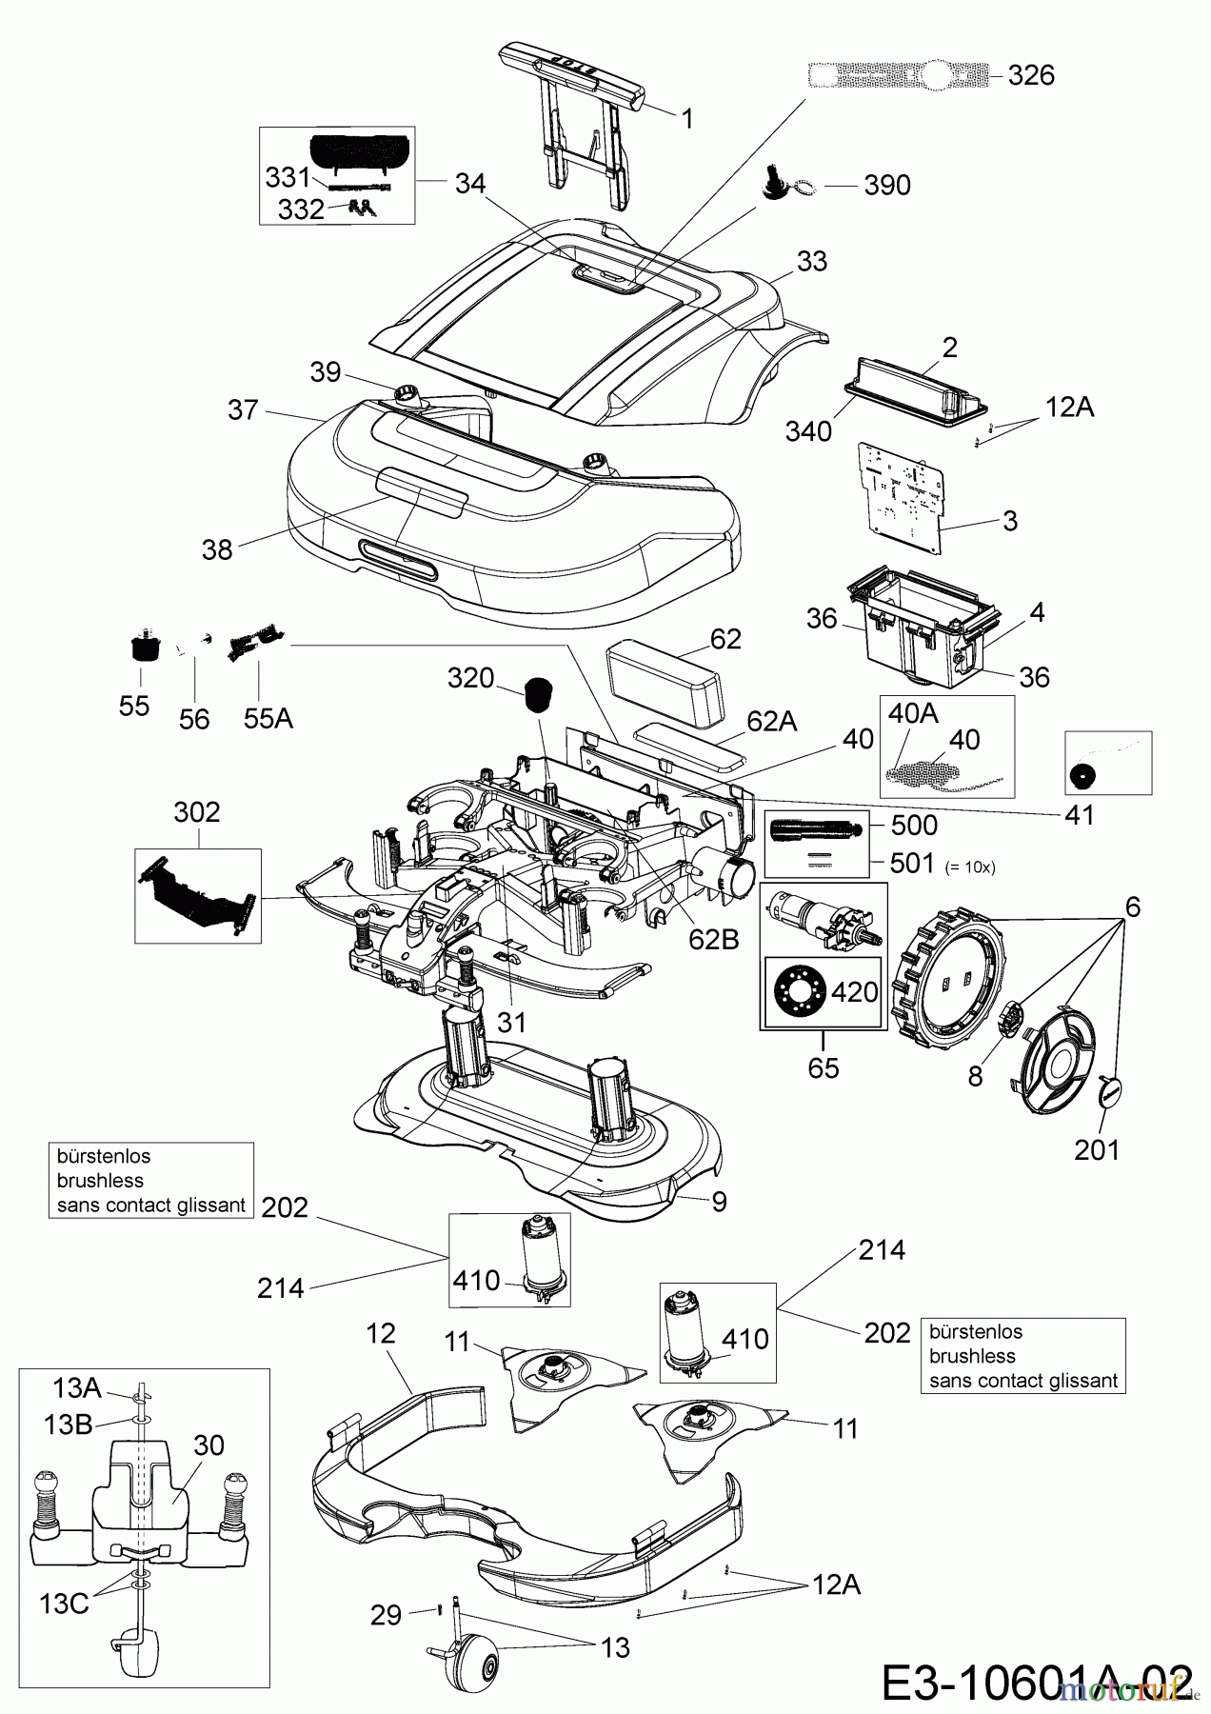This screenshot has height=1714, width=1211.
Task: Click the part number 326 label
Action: [1031, 75]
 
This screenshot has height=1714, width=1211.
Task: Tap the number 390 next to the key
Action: [886, 185]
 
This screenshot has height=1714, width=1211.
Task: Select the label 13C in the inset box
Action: [65, 1604]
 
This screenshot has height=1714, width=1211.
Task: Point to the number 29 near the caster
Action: [386, 1616]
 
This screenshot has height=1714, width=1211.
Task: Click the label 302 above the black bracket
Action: [196, 811]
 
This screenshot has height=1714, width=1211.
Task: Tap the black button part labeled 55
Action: [142, 651]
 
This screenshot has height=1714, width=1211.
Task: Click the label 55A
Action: [268, 718]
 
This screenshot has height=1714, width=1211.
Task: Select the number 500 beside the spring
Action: [914, 825]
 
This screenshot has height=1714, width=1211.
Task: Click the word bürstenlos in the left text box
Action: [104, 1156]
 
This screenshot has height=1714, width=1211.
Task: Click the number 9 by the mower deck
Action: [720, 1202]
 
